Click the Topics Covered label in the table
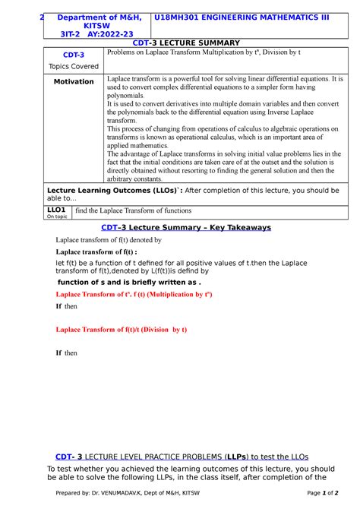point(73,66)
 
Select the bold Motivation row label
point(73,82)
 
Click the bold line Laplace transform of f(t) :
point(96,251)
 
